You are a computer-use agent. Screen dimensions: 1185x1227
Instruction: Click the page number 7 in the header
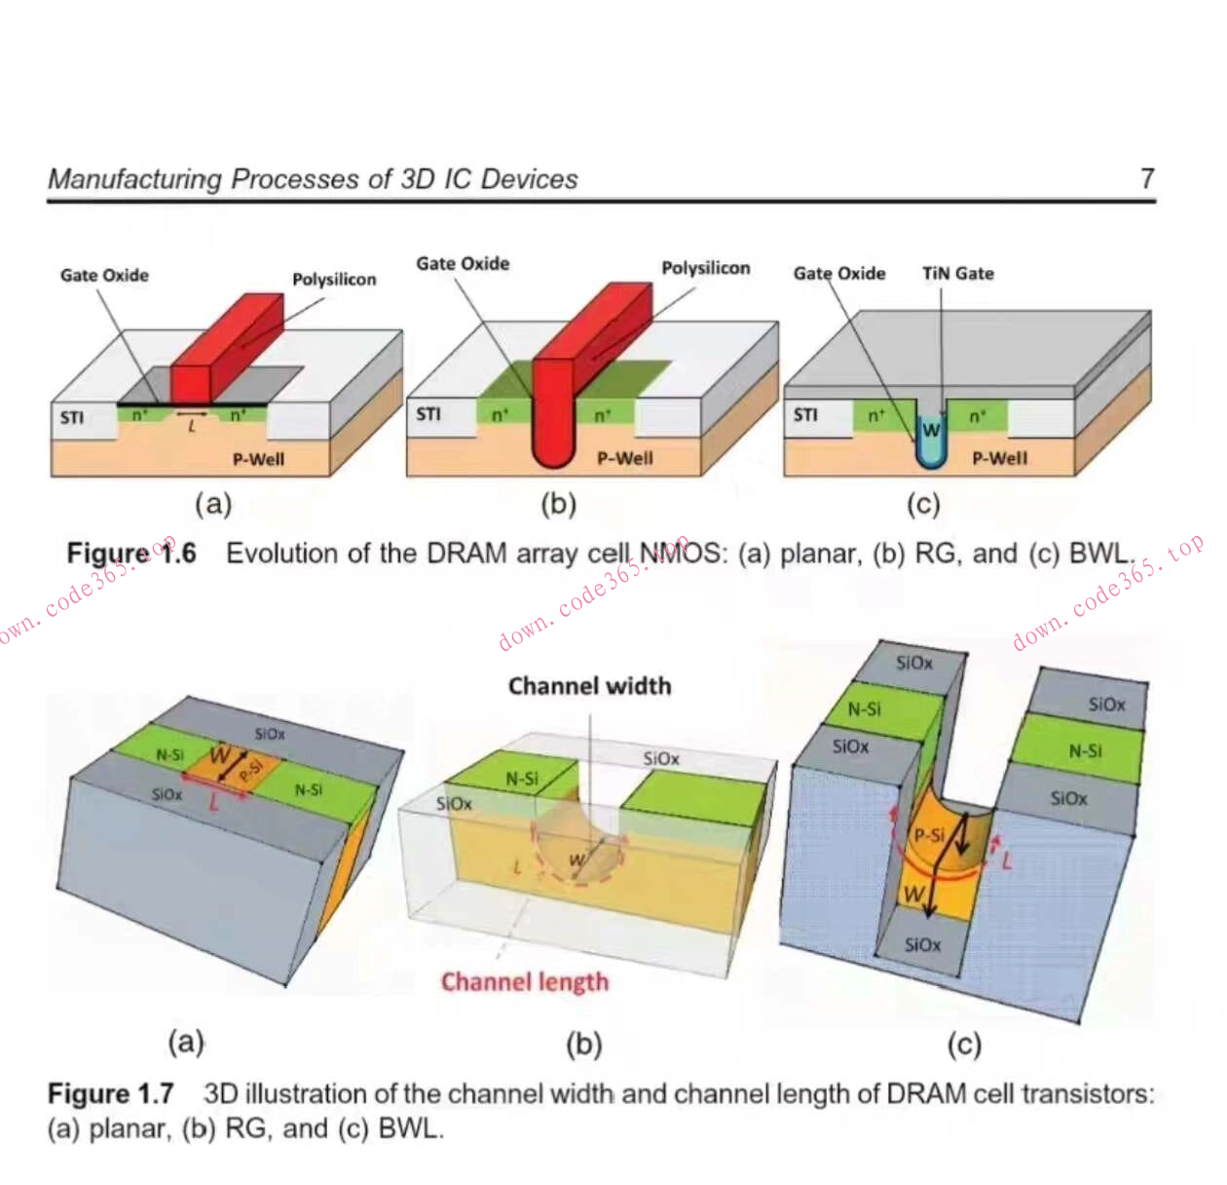point(1146,178)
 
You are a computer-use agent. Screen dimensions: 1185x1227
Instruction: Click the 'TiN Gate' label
point(958,274)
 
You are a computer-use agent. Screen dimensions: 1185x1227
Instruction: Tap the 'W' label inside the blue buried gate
point(931,430)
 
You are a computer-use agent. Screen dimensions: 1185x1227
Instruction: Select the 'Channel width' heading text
point(589,686)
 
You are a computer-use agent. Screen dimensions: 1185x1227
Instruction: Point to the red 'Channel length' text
point(525,981)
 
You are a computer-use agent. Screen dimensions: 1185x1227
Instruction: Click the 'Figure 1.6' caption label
point(130,554)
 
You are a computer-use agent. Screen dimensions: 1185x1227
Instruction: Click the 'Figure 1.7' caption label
point(110,1093)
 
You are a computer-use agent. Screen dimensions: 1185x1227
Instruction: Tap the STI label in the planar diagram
point(72,417)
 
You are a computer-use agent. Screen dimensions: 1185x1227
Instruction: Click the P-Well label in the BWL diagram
point(999,458)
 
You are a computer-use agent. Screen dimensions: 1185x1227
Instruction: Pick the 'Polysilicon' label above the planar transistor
point(334,280)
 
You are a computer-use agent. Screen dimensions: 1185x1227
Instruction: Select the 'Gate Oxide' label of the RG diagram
point(463,264)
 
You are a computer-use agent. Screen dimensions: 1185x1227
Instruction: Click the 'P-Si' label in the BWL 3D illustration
point(928,835)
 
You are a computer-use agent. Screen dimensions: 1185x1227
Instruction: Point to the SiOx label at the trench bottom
point(922,944)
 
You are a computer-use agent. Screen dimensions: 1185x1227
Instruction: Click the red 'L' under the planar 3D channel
point(213,803)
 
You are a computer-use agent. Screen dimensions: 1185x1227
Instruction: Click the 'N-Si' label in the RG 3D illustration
point(522,779)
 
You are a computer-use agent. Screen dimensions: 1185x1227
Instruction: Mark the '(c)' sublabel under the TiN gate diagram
point(923,504)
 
